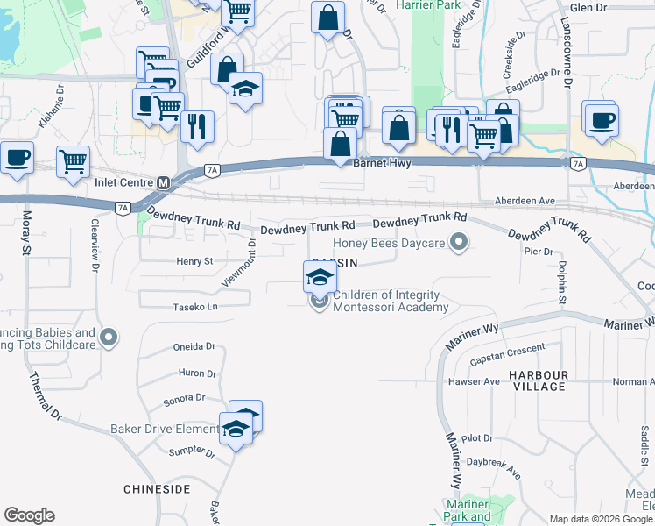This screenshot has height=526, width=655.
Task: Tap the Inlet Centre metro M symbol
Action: [163, 182]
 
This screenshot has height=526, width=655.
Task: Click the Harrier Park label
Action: [429, 4]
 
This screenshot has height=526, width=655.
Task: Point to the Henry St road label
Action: [194, 261]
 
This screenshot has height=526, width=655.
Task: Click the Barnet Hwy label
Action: [382, 163]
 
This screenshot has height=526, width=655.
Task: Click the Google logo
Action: [29, 515]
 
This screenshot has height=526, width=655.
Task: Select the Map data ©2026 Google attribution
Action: [602, 519]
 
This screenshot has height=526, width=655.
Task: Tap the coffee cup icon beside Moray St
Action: [17, 157]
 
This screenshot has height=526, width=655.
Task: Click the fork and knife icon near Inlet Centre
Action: [197, 125]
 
